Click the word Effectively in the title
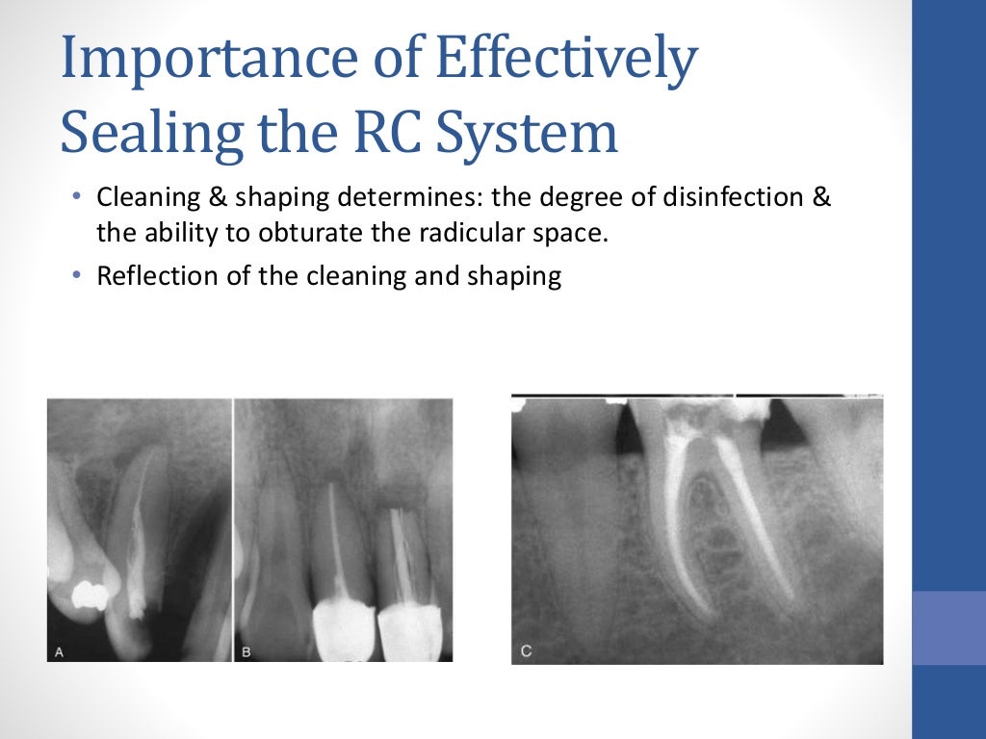567,60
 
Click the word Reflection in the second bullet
147,276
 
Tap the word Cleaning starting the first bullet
140,198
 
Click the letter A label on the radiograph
59,651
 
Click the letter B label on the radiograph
246,651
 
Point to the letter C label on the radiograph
526,651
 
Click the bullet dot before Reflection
77,276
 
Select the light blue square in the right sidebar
948,627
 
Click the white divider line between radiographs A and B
233,529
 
